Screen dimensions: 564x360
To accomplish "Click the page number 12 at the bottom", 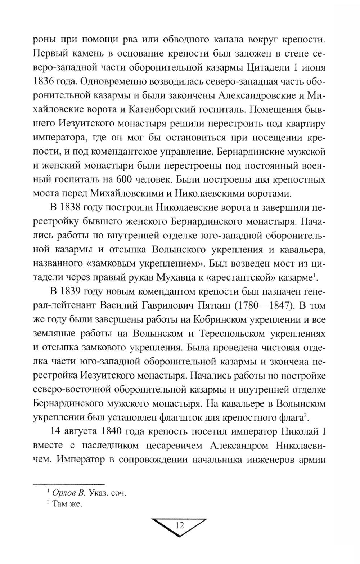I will click(x=180, y=525).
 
